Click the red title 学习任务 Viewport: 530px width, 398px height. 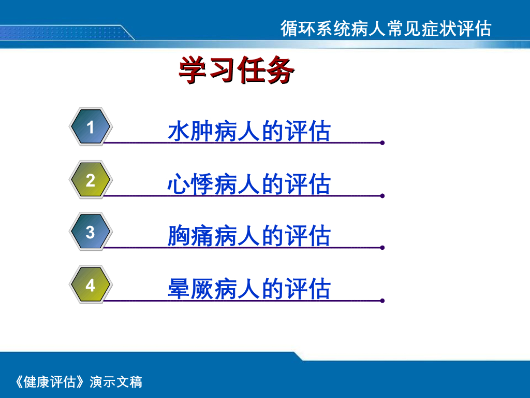237,70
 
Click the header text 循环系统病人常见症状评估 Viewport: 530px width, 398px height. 386,29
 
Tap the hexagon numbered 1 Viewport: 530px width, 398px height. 90,127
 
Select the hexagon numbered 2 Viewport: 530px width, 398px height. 90,180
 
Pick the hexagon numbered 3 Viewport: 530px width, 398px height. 90,232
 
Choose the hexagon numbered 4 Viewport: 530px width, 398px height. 90,285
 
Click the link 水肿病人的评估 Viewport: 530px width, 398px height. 249,131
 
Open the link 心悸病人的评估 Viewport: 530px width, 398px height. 249,184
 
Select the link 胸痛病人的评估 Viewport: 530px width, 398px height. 249,236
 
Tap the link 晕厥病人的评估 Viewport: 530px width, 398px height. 249,289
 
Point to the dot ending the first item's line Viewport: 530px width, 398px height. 382,143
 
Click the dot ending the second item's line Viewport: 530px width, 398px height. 382,196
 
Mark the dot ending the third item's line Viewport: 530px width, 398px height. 382,248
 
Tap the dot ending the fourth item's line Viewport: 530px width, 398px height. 382,301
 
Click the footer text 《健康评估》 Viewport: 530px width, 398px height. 50,382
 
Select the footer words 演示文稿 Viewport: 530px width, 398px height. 116,382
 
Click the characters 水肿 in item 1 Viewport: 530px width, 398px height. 190,131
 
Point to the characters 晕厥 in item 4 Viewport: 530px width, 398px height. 190,289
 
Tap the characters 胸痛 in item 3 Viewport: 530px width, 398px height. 190,236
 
